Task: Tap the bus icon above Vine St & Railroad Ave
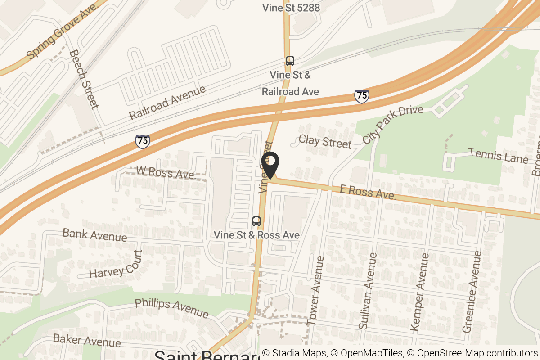coord(290,61)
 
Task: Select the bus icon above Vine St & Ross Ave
coord(256,221)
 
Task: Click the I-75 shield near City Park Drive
coord(361,96)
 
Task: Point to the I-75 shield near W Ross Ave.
coord(142,141)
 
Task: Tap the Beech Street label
coord(84,79)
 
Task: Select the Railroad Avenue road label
coord(167,102)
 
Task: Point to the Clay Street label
coord(325,142)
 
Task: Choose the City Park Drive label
coord(393,125)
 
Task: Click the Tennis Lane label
coord(498,156)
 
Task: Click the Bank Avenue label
coord(94,234)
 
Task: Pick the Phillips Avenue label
coord(172,307)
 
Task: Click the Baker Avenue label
coord(87,340)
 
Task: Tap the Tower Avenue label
coord(315,291)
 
